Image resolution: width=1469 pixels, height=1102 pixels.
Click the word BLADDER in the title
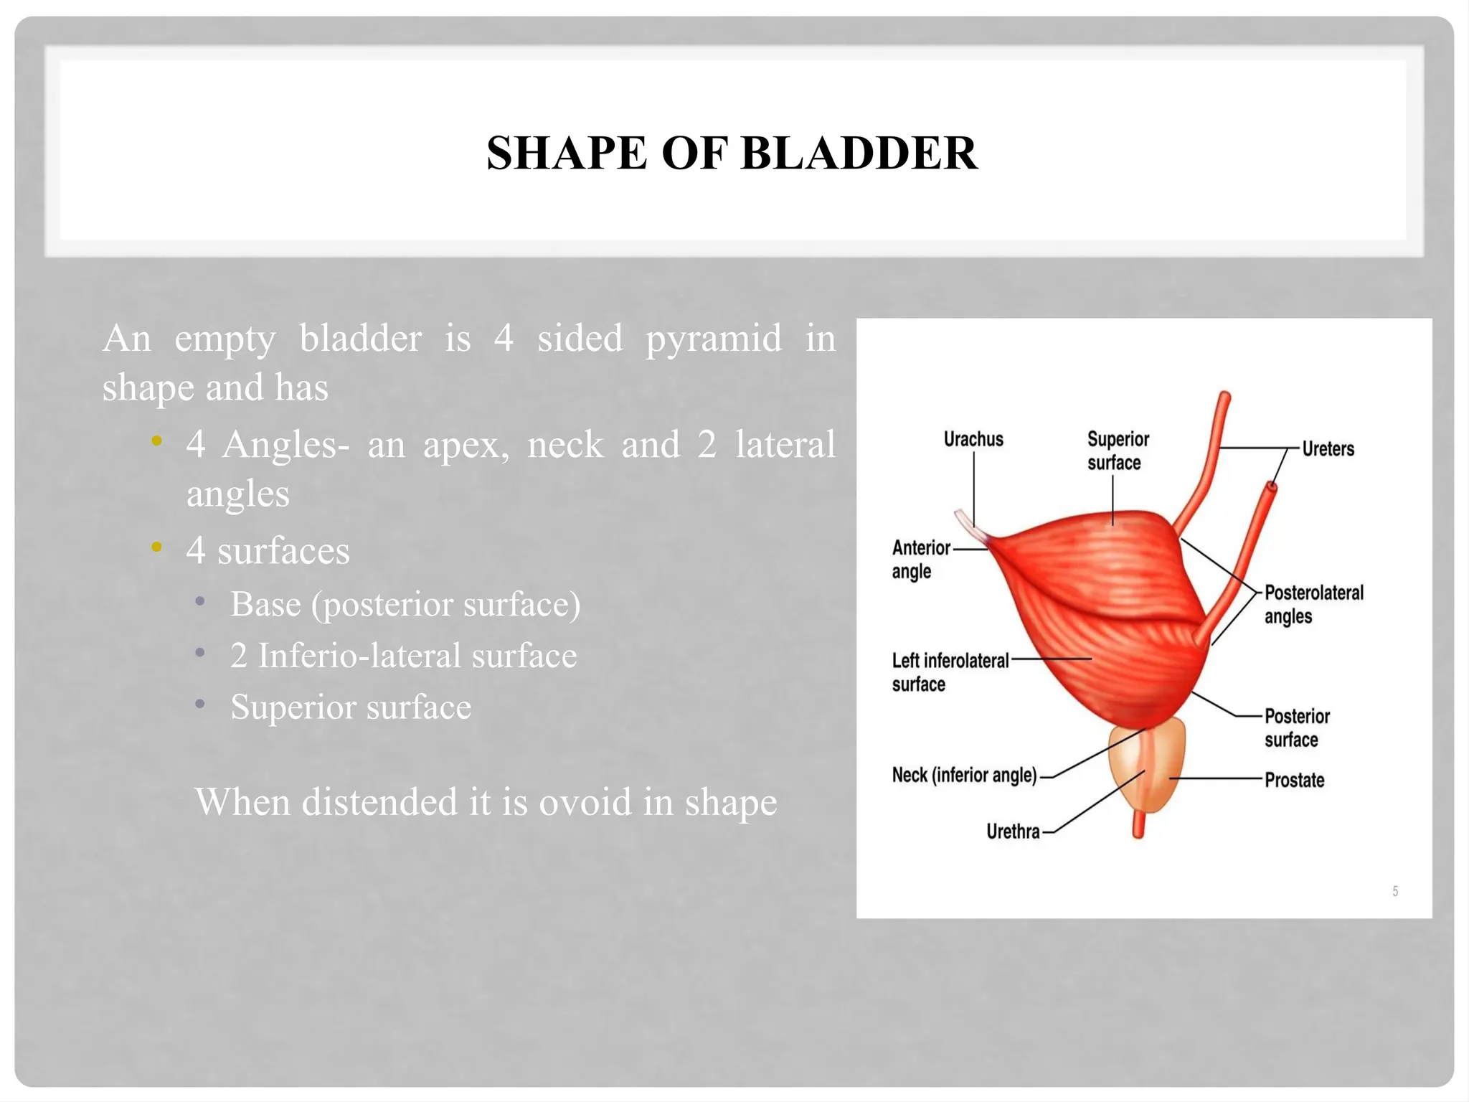pos(859,154)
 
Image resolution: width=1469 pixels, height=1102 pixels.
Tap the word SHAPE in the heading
pos(567,154)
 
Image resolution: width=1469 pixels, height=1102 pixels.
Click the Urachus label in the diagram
pos(973,439)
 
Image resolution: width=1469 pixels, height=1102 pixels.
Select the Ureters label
pos(1328,449)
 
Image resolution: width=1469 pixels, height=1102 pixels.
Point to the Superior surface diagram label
pos(1117,451)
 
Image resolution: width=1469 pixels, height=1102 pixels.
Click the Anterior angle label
pos(920,559)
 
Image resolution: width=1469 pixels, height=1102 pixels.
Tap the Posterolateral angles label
pos(1313,604)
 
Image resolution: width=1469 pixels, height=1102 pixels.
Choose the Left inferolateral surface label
pos(949,672)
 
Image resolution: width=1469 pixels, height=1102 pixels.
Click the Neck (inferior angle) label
pos(964,775)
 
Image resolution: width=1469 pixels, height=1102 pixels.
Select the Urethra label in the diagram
pos(1012,832)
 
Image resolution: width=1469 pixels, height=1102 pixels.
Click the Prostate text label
pos(1293,780)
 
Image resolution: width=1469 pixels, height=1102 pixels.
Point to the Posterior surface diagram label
pos(1295,727)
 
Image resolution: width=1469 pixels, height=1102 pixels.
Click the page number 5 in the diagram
pos(1394,891)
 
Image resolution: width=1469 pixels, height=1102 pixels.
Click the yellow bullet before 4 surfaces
pos(156,549)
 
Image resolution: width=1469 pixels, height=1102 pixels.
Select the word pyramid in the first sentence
pos(713,339)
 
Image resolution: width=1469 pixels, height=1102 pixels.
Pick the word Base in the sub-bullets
pos(265,604)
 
